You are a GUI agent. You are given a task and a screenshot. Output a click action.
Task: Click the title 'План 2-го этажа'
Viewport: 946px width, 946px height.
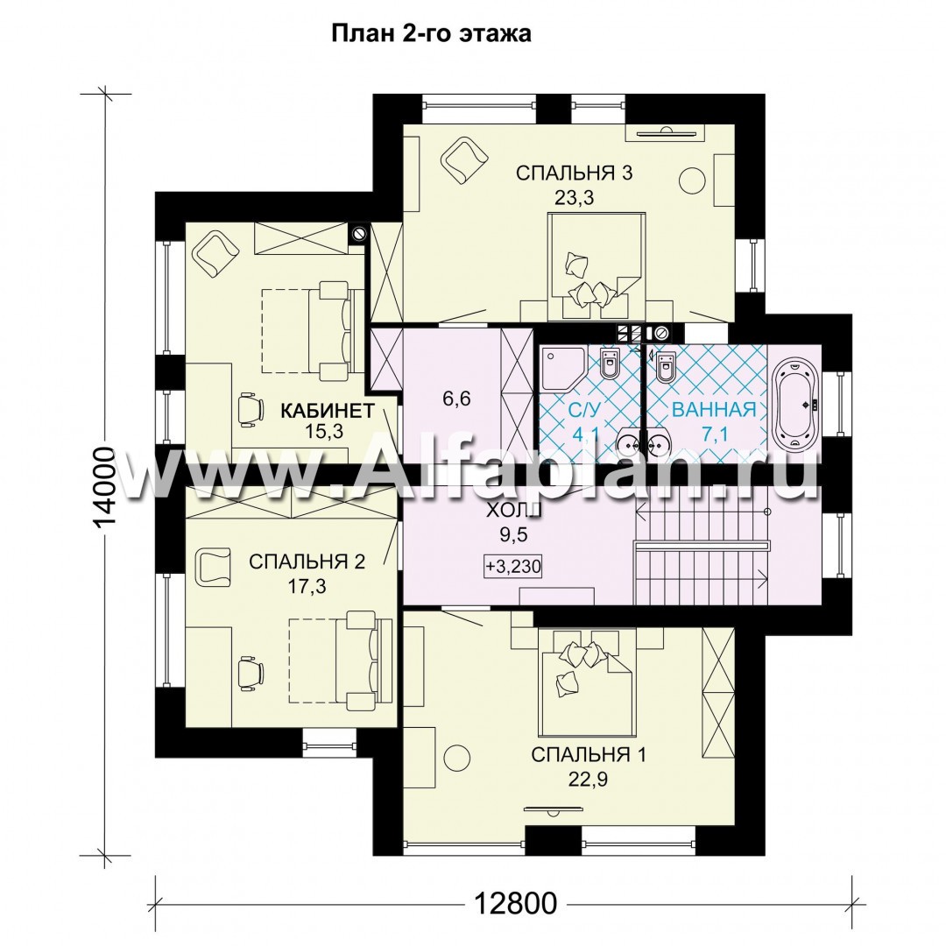[431, 33]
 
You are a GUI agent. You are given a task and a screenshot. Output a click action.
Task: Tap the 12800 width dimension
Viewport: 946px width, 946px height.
[515, 903]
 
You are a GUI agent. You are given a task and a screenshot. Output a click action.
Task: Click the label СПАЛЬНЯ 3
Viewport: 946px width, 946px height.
[574, 173]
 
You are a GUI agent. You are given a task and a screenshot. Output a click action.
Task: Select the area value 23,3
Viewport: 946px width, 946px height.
[574, 198]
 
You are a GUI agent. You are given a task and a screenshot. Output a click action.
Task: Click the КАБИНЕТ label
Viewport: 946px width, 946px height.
[328, 411]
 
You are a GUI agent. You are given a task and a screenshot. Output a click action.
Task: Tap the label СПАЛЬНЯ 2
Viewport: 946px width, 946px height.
[307, 561]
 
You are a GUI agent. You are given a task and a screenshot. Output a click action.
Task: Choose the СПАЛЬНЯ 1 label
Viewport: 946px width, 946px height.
[589, 755]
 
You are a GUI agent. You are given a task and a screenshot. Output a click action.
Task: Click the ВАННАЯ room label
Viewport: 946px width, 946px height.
[714, 410]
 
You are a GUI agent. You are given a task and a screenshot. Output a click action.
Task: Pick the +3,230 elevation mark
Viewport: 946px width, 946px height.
[512, 567]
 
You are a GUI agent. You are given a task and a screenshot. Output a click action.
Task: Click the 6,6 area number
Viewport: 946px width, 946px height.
[456, 399]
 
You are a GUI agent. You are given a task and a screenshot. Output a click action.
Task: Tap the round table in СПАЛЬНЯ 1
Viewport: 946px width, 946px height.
[456, 758]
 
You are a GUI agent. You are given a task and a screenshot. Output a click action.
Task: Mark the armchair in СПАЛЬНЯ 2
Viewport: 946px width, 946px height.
[213, 566]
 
